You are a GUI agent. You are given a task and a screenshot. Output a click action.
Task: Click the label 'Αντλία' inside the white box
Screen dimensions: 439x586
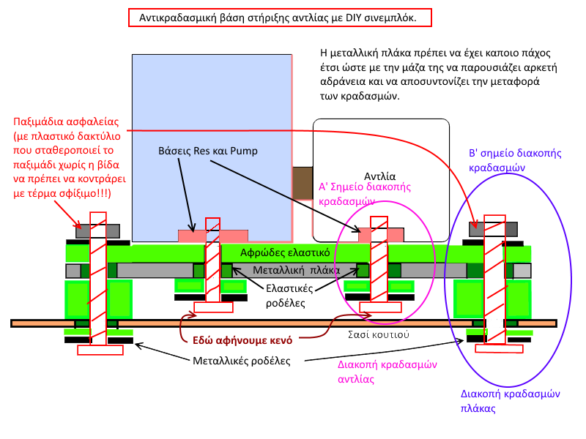tap(380, 176)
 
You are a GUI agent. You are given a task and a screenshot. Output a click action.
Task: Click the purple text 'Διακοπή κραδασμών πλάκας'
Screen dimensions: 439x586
tap(510, 401)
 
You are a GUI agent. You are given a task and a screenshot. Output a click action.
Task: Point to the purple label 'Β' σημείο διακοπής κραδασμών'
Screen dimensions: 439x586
tap(514, 160)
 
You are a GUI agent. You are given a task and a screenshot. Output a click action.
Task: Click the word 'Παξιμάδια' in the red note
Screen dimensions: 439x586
tap(40, 121)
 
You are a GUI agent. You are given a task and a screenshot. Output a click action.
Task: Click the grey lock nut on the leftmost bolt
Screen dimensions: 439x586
tap(82, 230)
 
